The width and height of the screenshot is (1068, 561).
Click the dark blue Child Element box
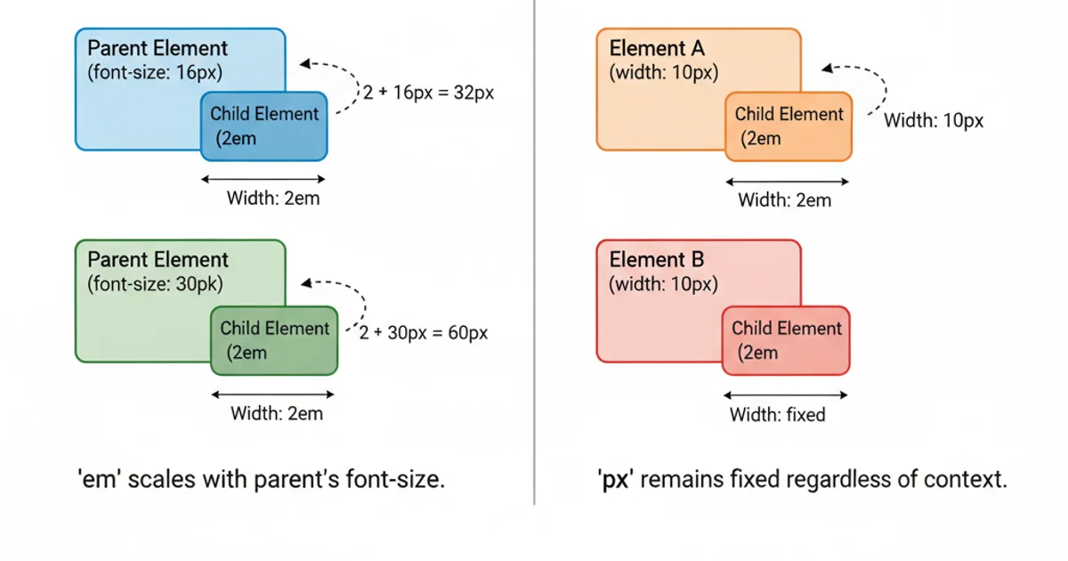(264, 126)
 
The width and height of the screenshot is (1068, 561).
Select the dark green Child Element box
(275, 340)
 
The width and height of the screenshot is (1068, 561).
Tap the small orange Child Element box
(789, 126)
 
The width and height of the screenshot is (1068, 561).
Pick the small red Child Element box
(786, 340)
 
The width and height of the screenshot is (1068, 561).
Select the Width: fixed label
(778, 415)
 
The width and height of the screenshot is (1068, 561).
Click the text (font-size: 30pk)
(155, 285)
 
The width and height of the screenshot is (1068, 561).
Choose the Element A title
(656, 48)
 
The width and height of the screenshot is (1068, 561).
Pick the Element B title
(657, 260)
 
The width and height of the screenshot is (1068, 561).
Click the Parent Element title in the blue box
(158, 48)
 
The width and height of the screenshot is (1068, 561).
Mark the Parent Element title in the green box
(158, 260)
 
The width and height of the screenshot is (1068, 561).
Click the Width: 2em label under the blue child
(273, 199)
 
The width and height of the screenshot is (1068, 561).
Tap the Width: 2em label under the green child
(277, 413)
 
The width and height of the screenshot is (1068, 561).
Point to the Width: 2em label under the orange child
(785, 200)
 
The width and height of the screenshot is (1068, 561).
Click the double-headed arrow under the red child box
(786, 394)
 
